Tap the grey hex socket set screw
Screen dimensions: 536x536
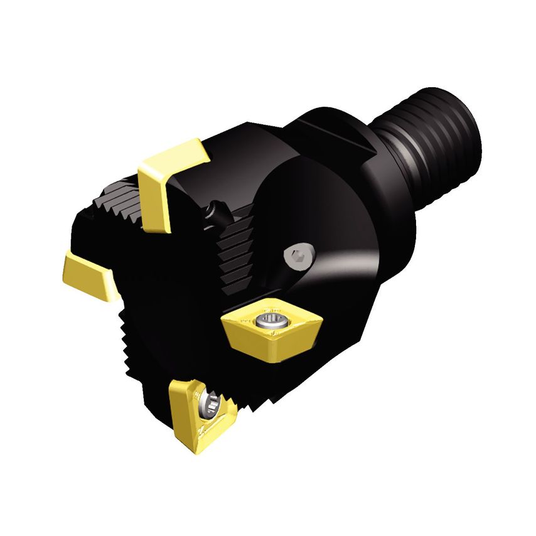297,255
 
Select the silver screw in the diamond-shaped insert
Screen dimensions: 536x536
271,321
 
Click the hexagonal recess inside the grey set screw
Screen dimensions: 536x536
297,255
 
